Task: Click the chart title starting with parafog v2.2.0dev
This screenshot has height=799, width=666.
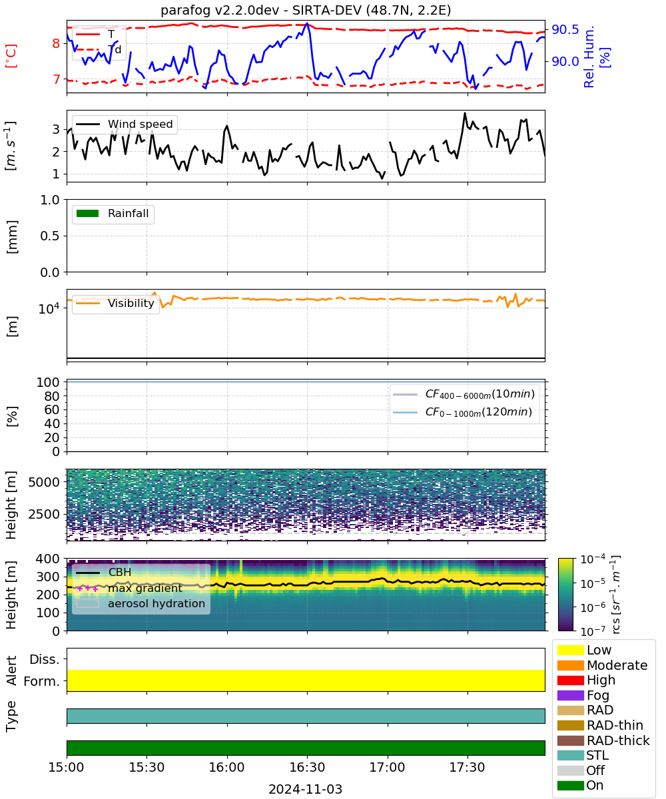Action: pos(306,10)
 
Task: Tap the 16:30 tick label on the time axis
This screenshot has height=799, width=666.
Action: pos(307,767)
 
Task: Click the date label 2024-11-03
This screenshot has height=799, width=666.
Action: pos(305,789)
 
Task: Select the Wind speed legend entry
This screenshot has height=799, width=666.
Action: pos(125,124)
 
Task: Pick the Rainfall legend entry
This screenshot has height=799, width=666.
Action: pos(113,213)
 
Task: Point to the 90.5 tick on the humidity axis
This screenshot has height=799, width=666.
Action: pos(565,29)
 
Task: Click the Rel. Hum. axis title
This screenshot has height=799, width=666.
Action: pos(588,57)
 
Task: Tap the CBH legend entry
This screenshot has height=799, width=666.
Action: pos(104,572)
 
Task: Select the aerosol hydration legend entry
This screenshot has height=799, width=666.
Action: pos(141,603)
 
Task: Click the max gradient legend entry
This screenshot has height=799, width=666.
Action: pos(130,588)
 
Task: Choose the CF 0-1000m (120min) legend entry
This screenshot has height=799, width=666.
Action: pos(462,412)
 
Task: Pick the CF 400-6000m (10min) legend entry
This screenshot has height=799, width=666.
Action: pos(464,394)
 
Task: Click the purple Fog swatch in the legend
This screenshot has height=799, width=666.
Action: pos(570,695)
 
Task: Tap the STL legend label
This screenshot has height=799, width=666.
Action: pos(597,755)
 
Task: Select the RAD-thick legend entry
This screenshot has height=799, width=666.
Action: pos(603,740)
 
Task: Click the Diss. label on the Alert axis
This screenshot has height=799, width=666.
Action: pos(45,659)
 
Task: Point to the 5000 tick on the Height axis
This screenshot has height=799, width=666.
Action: pos(44,482)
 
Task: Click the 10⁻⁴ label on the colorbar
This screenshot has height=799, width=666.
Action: pos(593,559)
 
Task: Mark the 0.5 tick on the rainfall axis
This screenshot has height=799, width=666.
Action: pos(50,236)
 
